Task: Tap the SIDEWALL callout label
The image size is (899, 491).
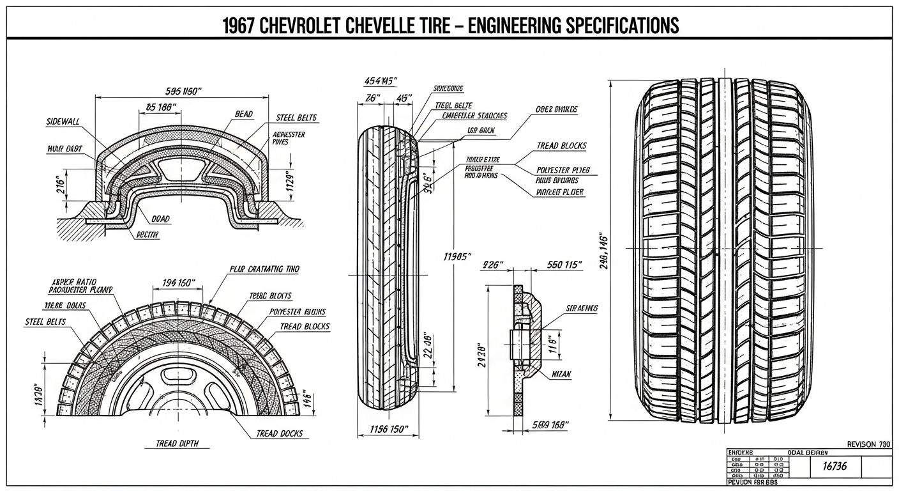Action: pyautogui.click(x=64, y=121)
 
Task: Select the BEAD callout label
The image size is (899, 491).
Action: pyautogui.click(x=244, y=114)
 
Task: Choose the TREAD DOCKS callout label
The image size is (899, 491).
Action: pyautogui.click(x=279, y=433)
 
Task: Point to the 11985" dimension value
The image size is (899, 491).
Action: pyautogui.click(x=457, y=256)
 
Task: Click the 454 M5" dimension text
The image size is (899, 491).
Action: pyautogui.click(x=381, y=81)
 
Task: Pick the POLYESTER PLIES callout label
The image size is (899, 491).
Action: pyautogui.click(x=563, y=170)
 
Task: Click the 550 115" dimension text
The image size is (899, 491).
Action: pyautogui.click(x=564, y=265)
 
